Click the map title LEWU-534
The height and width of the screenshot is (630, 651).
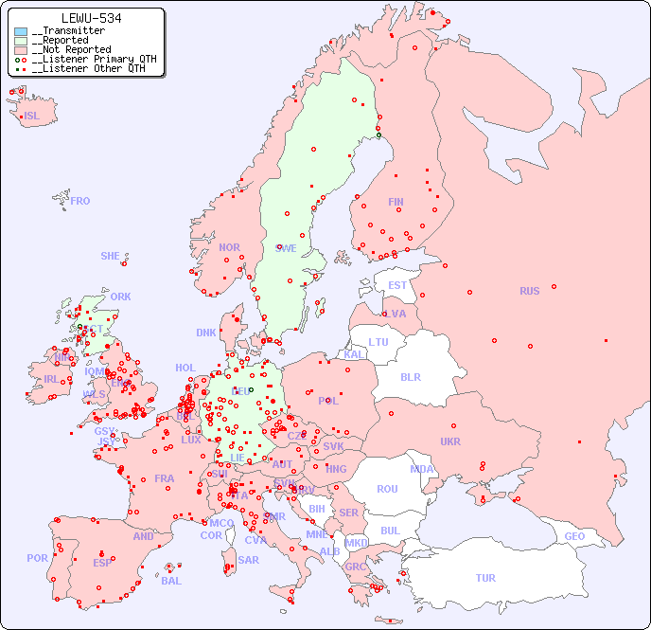(x=90, y=18)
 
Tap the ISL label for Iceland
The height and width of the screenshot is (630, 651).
(x=32, y=117)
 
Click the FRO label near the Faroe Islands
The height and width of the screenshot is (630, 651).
(x=80, y=201)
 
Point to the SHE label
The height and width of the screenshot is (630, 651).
(x=111, y=256)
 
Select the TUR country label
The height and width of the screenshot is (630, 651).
(x=485, y=578)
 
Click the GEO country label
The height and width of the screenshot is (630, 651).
(x=574, y=536)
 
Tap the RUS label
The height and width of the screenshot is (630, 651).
(x=529, y=291)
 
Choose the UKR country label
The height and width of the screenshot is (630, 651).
(x=450, y=441)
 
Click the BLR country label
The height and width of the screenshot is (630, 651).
(x=410, y=376)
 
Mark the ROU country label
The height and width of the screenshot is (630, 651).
(x=387, y=489)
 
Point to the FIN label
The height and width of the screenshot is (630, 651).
(x=396, y=202)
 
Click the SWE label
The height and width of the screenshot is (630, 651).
(x=286, y=248)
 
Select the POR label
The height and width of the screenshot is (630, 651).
(x=37, y=558)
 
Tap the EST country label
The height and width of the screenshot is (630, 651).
(x=397, y=285)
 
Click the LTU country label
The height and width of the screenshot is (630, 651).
(x=378, y=342)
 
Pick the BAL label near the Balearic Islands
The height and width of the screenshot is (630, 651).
(x=171, y=581)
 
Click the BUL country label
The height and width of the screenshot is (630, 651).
(x=390, y=531)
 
